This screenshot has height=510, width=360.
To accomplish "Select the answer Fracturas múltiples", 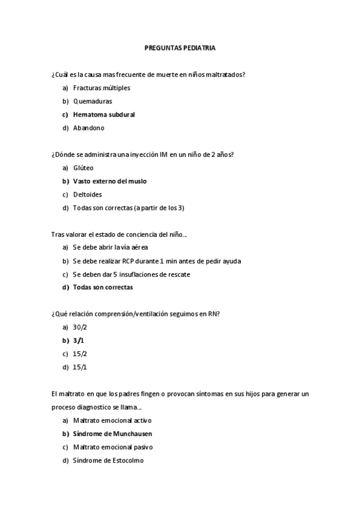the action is tap(102, 88).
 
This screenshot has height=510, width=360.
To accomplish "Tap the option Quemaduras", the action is tap(93, 101).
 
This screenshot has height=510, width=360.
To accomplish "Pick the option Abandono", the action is tap(89, 127).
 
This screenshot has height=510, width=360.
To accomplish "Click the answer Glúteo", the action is tap(84, 168).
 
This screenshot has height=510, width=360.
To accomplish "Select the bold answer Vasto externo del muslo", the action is tap(109, 181).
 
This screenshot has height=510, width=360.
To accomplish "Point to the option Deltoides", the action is tap(88, 194).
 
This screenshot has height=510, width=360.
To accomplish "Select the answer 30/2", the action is tap(79, 327).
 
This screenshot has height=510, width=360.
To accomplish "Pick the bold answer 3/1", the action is tap(78, 340).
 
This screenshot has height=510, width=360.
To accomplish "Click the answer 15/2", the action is tap(79, 354).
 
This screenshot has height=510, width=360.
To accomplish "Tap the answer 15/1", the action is tap(79, 367).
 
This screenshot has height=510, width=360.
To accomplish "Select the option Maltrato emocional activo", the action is tap(112, 420).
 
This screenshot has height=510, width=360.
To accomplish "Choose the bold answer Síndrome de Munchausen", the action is tap(112, 434).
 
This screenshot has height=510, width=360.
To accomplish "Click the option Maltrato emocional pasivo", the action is tap(112, 447).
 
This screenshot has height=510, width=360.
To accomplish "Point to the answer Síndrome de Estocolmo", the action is tap(108, 460).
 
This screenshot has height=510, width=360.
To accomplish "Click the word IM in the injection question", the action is tap(163, 155).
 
